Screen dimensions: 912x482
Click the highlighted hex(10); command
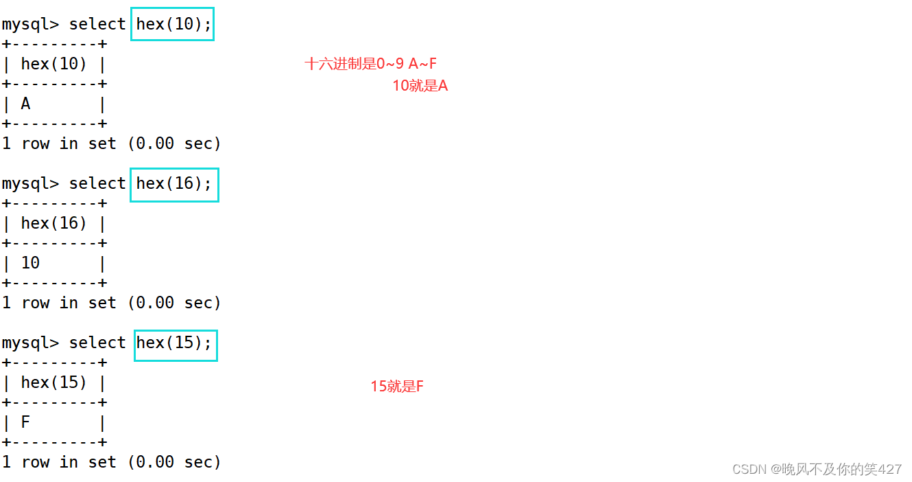pyautogui.click(x=173, y=24)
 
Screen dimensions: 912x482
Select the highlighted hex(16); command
pyautogui.click(x=174, y=184)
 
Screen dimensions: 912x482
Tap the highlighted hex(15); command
pyautogui.click(x=175, y=343)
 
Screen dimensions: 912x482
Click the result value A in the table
pyautogui.click(x=26, y=104)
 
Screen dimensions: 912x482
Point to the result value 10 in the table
pyautogui.click(x=31, y=264)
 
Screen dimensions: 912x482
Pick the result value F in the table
pyautogui.click(x=26, y=423)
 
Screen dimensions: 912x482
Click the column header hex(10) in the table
pyautogui.click(x=54, y=65)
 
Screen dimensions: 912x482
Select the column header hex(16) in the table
pyautogui.click(x=54, y=224)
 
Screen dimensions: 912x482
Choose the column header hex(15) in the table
pyautogui.click(x=54, y=383)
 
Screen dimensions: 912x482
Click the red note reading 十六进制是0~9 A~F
pyautogui.click(x=371, y=65)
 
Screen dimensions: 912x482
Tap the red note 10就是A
pyautogui.click(x=420, y=87)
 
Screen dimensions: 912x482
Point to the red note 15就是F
pyautogui.click(x=397, y=387)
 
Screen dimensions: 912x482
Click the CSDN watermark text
pyautogui.click(x=817, y=470)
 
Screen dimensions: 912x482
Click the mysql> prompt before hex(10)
pyautogui.click(x=30, y=25)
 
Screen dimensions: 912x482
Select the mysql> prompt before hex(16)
pyautogui.click(x=30, y=184)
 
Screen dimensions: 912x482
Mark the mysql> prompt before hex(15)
pyautogui.click(x=30, y=343)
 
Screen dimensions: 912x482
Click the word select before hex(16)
pyautogui.click(x=97, y=184)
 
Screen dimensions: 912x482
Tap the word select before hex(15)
pyautogui.click(x=97, y=343)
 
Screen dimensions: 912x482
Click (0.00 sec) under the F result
pyautogui.click(x=174, y=463)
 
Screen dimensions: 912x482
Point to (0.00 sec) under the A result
pyautogui.click(x=174, y=144)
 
